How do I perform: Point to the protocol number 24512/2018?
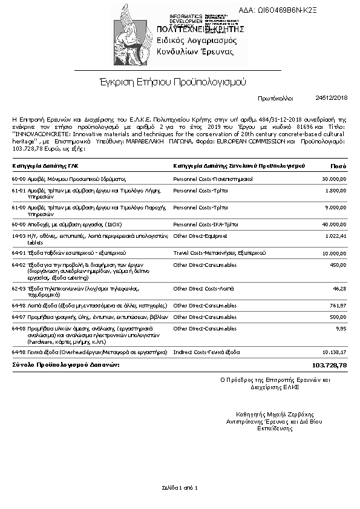[332, 97]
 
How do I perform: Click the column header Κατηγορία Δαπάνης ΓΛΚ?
[45, 165]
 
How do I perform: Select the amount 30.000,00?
[333, 179]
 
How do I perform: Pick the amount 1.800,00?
[335, 191]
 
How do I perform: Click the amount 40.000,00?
[333, 224]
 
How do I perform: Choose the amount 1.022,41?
[335, 235]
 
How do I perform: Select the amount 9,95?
[341, 327]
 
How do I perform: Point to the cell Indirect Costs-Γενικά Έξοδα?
[206, 352]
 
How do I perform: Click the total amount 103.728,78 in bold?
[329, 366]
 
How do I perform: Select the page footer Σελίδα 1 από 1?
[180, 487]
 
